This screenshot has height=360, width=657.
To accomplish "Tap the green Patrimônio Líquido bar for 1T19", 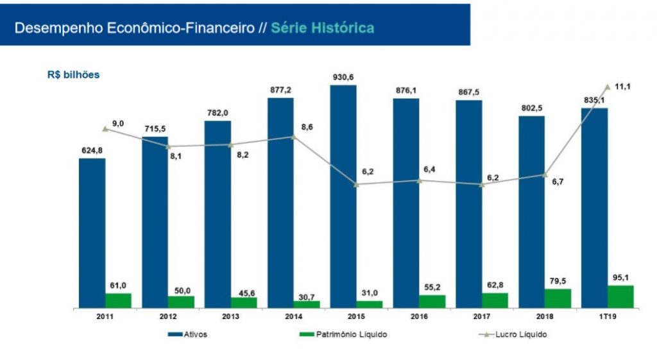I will pyautogui.click(x=620, y=296).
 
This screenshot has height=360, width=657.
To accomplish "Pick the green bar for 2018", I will pyautogui.click(x=558, y=298).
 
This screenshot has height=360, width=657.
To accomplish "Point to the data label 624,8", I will pyautogui.click(x=92, y=150).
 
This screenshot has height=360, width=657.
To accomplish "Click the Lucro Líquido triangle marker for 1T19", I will pyautogui.click(x=607, y=86).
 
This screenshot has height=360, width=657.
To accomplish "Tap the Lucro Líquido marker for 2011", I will pyautogui.click(x=105, y=129).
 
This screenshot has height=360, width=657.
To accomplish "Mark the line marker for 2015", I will pyautogui.click(x=356, y=185).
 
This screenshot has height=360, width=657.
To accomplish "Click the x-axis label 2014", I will pyautogui.click(x=280, y=316).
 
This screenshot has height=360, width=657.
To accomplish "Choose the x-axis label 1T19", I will pyautogui.click(x=607, y=316).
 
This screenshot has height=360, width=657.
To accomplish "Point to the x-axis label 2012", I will pyautogui.click(x=155, y=316).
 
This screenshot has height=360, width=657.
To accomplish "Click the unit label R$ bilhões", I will pyautogui.click(x=73, y=74).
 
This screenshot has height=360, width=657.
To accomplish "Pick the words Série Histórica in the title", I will pyautogui.click(x=323, y=28).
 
